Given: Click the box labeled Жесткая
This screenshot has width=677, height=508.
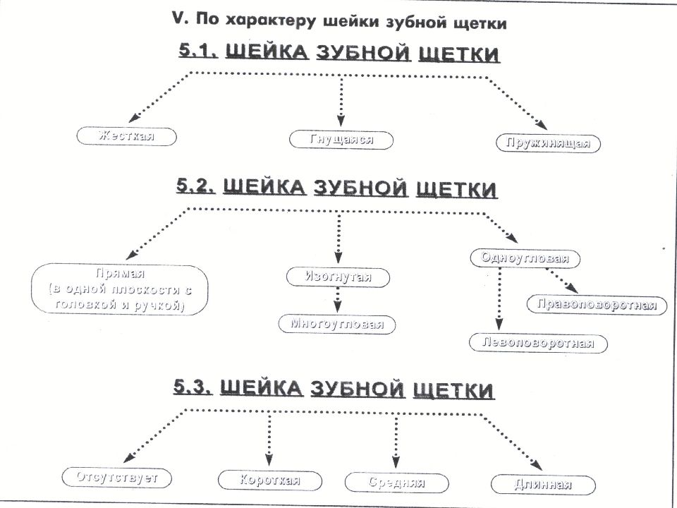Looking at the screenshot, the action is tap(126, 136).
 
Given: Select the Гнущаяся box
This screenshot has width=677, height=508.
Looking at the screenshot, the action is tap(341, 140).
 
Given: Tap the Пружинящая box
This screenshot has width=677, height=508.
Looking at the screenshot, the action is tap(547, 143).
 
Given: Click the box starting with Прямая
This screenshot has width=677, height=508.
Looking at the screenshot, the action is tap(120, 289).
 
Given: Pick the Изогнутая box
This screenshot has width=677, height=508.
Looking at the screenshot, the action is tap(338, 277).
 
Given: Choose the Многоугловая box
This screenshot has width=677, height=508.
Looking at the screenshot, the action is tap(337, 324).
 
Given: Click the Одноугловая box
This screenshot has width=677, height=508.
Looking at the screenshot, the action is tap(525, 258).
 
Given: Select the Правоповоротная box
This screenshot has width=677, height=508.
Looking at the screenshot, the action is tap(597, 305).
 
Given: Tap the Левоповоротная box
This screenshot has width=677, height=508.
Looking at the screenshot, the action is tap(538, 344).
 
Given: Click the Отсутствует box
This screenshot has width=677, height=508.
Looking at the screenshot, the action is tap(116, 478).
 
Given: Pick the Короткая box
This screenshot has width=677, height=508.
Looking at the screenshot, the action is tap(270, 480).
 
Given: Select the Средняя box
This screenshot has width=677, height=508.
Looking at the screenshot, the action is tap(397, 483).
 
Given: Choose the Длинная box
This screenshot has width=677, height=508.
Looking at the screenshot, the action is tap(543, 485).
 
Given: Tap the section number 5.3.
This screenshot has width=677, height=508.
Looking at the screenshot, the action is tap(193, 387).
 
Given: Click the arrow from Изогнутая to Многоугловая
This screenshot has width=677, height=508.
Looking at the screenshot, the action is tap(338, 299).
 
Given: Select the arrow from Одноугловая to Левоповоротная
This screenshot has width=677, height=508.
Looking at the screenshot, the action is tap(499, 299).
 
